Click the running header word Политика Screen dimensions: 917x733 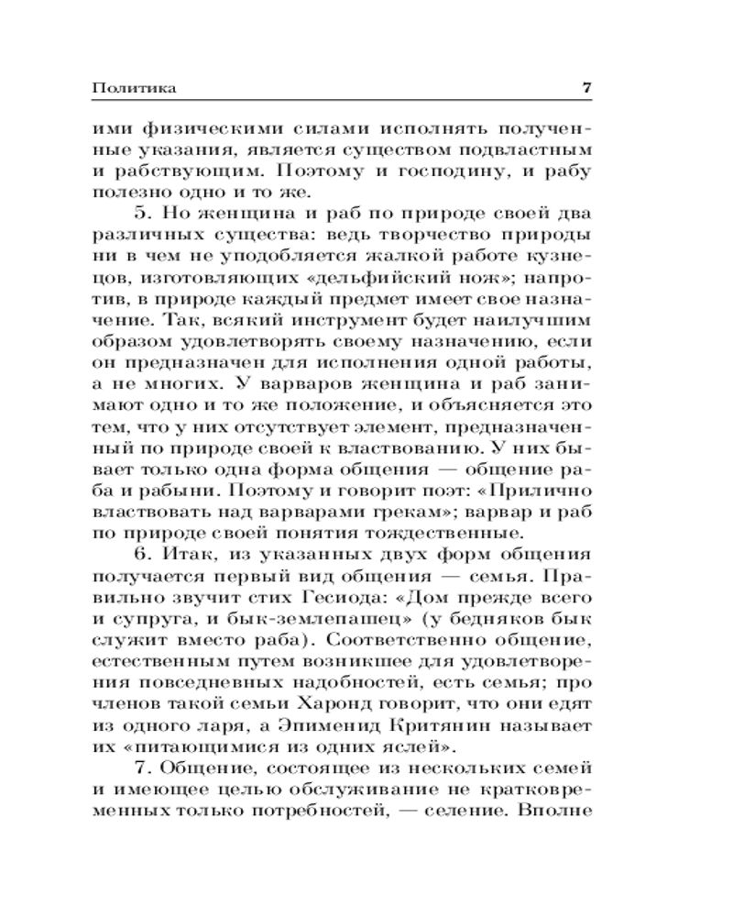point(135,88)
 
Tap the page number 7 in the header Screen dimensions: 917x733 point(587,88)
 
